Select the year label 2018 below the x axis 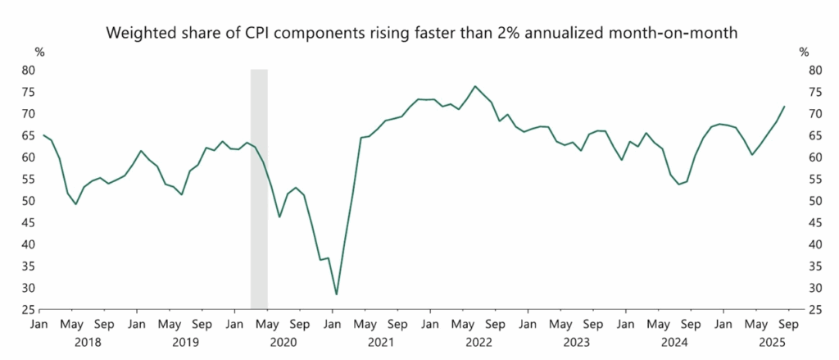(x=88, y=340)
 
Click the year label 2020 (x=283, y=340)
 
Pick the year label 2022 (x=478, y=340)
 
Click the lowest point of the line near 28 (x=336, y=294)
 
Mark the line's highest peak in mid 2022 (x=474, y=86)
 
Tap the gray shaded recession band (x=259, y=189)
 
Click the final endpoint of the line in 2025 (x=784, y=107)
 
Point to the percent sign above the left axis (x=39, y=52)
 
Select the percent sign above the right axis (x=804, y=52)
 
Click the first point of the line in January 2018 (x=43, y=135)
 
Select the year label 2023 (x=576, y=340)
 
